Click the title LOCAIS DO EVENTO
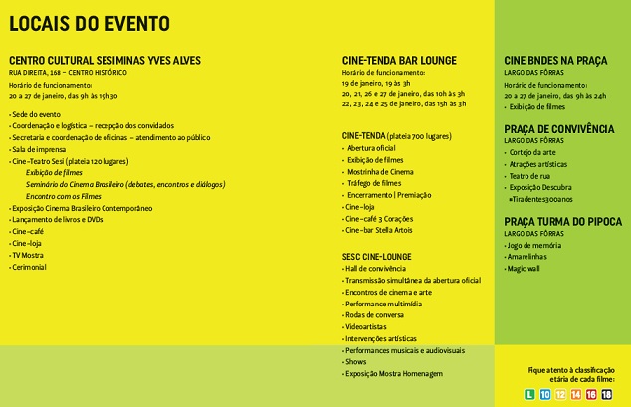pyautogui.click(x=89, y=23)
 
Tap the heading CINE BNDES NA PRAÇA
pyautogui.click(x=556, y=60)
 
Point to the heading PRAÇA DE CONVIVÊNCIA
pyautogui.click(x=558, y=129)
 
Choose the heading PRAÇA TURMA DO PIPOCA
pyautogui.click(x=558, y=221)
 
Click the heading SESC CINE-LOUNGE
pyautogui.click(x=377, y=256)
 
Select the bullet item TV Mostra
pyautogui.click(x=29, y=255)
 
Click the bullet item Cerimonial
pyautogui.click(x=30, y=267)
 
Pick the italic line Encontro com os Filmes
pyautogui.click(x=64, y=196)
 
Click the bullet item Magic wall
pyautogui.click(x=527, y=268)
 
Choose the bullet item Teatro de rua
pyautogui.click(x=531, y=176)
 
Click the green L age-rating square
pyautogui.click(x=530, y=395)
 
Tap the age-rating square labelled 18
pyautogui.click(x=606, y=395)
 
